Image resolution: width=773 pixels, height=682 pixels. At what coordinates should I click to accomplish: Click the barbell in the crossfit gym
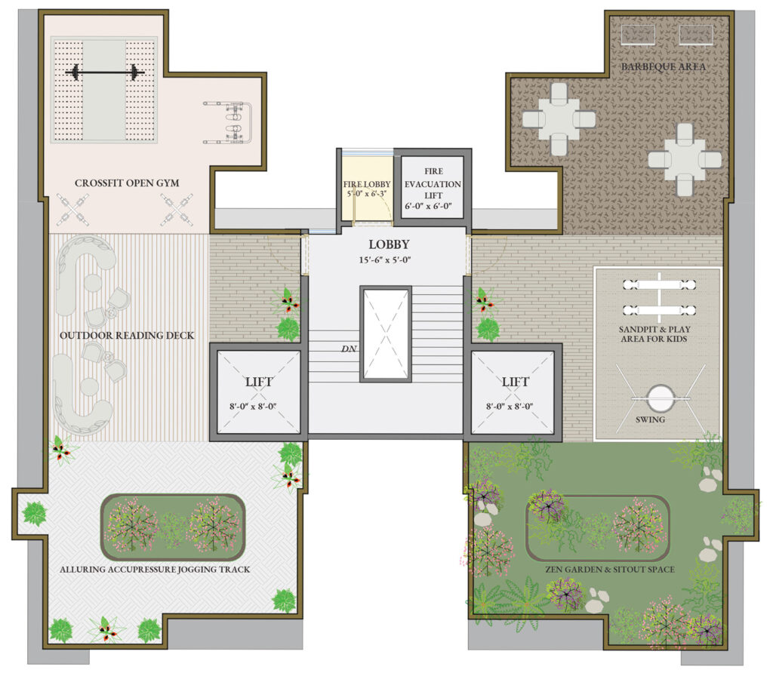[104, 73]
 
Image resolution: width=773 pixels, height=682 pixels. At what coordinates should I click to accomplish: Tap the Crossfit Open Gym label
[127, 183]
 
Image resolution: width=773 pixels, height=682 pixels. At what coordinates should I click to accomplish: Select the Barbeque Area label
[663, 66]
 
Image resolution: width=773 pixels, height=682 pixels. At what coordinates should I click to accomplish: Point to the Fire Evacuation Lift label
[433, 183]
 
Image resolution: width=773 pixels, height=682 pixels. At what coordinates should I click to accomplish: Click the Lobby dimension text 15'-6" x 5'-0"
[385, 260]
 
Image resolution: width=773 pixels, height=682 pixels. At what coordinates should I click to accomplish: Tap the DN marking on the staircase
[349, 349]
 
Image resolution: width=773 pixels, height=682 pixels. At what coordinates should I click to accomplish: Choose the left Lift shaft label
[259, 382]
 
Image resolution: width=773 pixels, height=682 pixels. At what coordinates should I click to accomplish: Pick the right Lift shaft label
[515, 382]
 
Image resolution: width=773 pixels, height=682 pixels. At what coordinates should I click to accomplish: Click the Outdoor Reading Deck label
[127, 336]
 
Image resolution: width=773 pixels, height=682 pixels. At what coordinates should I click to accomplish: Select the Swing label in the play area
[650, 420]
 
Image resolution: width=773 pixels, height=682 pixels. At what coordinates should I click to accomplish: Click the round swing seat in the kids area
[660, 398]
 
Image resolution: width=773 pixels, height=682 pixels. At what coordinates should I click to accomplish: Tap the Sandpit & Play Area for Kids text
[654, 334]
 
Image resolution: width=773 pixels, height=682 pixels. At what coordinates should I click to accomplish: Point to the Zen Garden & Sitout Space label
[610, 569]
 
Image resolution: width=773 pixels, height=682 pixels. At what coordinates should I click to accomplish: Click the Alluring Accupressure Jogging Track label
[155, 569]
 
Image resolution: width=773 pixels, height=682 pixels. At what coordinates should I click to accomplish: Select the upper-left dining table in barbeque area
[559, 119]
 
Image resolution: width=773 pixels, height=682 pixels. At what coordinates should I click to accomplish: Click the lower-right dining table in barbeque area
[684, 160]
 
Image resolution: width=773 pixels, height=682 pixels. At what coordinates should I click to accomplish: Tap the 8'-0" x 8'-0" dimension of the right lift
[510, 407]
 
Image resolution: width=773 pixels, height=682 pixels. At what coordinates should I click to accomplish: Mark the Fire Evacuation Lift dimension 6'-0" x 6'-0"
[429, 206]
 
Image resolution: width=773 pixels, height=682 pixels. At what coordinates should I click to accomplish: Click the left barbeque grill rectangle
[638, 35]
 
